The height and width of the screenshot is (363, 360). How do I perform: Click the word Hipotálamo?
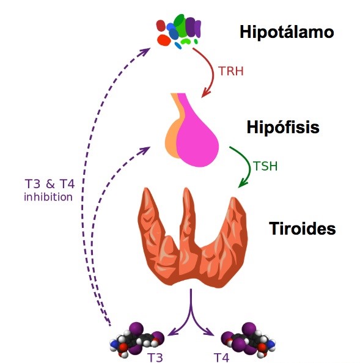(x=287, y=32)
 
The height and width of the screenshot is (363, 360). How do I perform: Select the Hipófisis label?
(x=283, y=127)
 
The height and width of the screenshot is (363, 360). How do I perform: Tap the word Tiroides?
(x=302, y=229)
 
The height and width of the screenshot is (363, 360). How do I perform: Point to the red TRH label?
(x=231, y=71)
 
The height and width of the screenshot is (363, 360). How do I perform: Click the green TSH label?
(x=265, y=166)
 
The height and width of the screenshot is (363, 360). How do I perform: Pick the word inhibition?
(x=48, y=197)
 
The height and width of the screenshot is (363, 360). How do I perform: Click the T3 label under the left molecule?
(x=155, y=358)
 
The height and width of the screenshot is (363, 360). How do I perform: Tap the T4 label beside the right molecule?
(x=221, y=358)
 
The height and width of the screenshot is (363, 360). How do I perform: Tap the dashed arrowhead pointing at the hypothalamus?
(x=145, y=51)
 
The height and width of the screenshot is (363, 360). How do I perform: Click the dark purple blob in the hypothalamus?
(x=190, y=27)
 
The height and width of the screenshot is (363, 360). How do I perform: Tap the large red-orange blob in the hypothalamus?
(x=164, y=40)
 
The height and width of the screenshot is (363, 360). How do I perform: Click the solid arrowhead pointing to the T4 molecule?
(x=210, y=332)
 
